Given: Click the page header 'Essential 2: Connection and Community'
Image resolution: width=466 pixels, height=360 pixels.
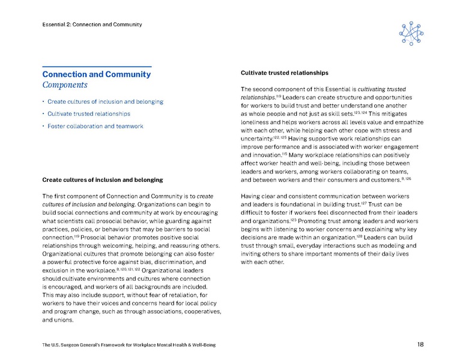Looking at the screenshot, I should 92,25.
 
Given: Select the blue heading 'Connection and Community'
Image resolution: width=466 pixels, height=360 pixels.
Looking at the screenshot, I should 96,74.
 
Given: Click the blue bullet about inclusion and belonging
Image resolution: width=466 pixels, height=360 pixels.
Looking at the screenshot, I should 105,102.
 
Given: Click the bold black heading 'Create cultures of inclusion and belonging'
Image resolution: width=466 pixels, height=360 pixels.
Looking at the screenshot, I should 102,180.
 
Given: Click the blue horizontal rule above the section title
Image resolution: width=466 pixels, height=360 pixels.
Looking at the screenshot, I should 96,66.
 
